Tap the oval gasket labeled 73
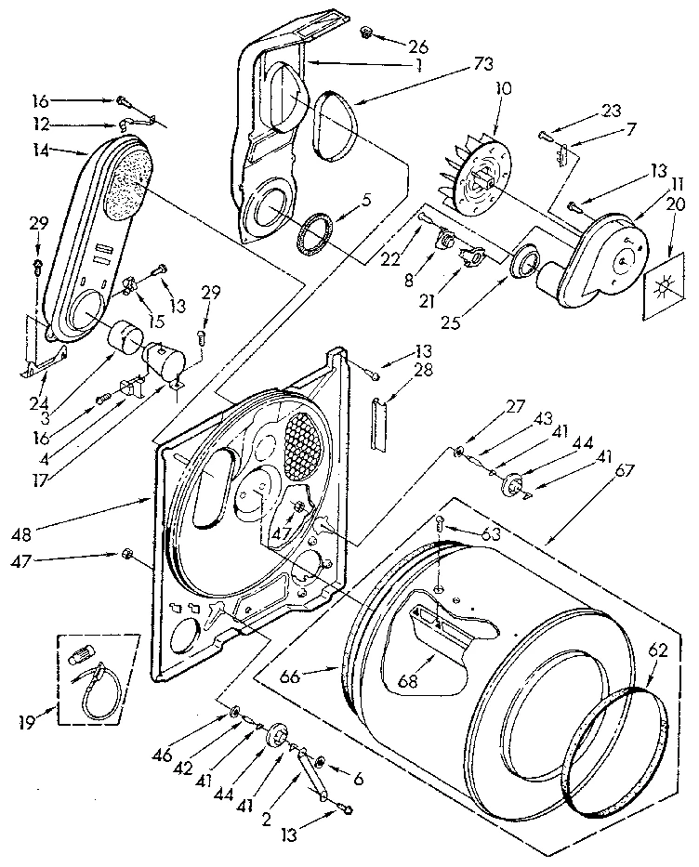pos(326,121)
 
